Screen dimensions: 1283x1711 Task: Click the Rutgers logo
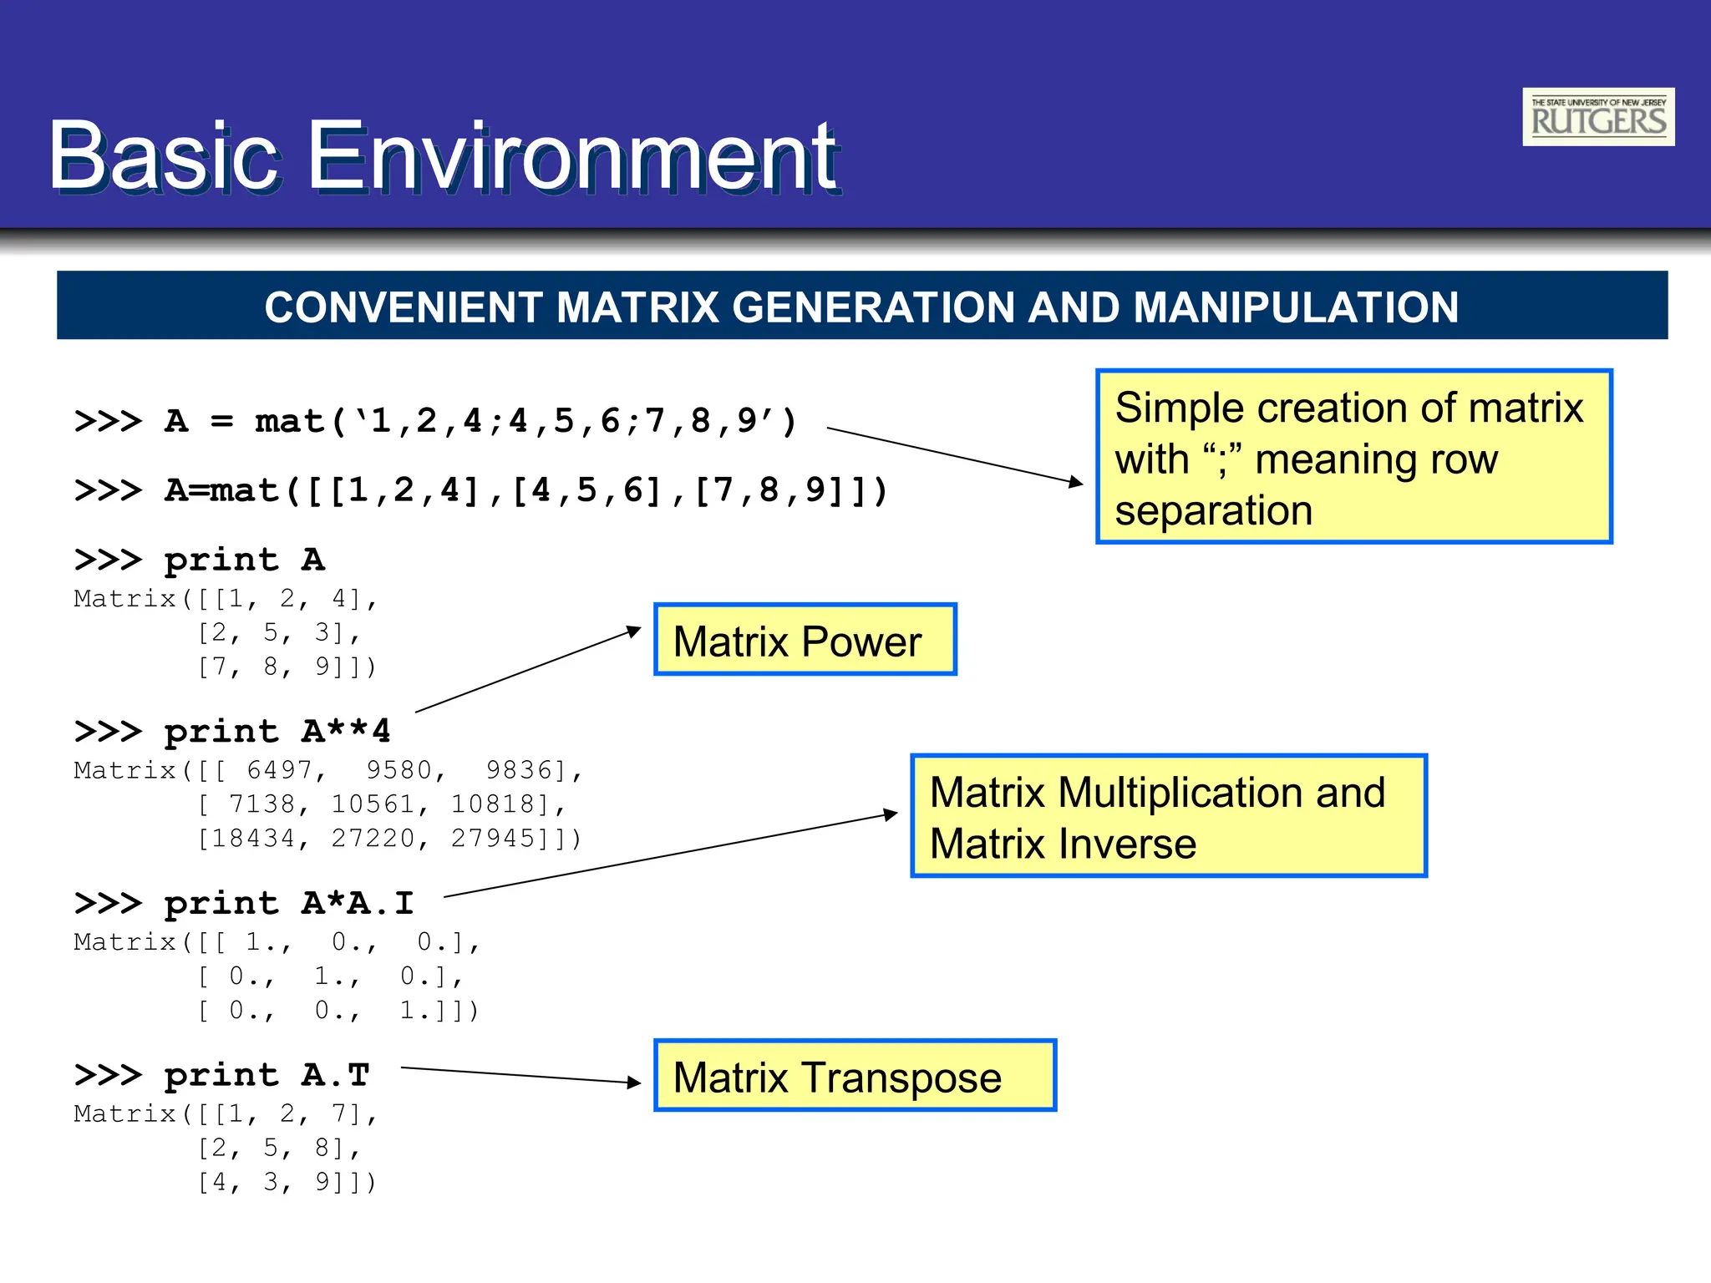tap(1597, 117)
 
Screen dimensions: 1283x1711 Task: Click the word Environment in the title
tap(573, 156)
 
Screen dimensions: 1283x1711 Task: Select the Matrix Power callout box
tap(805, 640)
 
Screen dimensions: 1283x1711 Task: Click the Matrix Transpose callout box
tap(855, 1076)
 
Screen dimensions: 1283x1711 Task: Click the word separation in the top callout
tap(1213, 510)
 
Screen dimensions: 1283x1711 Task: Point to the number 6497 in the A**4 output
tap(279, 769)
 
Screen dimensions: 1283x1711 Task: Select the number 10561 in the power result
tap(373, 804)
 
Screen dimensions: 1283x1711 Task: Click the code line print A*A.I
tap(244, 903)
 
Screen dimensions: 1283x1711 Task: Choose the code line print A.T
tap(222, 1075)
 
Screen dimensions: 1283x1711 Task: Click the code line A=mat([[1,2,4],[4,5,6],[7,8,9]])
tap(481, 490)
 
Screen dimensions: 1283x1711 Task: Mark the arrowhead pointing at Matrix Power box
tap(634, 631)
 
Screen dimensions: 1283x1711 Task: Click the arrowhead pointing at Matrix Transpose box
tap(634, 1083)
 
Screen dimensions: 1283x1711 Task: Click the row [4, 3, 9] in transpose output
tap(285, 1182)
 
